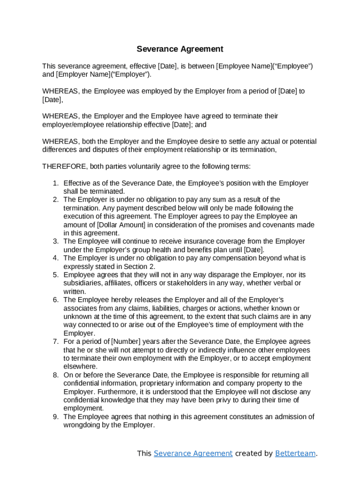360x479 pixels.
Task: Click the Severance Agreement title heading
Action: click(x=180, y=49)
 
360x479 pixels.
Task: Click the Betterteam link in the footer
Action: click(x=295, y=453)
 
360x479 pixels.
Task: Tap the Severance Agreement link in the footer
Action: click(x=193, y=453)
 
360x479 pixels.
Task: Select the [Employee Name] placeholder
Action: click(x=243, y=66)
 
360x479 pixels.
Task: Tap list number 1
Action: click(x=55, y=183)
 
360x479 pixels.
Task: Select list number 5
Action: click(x=55, y=275)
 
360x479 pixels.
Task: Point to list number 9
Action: click(x=55, y=417)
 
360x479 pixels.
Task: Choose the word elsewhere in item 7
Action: click(x=80, y=367)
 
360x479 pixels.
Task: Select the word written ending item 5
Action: click(x=74, y=291)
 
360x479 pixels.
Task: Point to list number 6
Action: click(x=55, y=300)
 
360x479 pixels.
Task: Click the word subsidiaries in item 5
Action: click(x=82, y=283)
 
